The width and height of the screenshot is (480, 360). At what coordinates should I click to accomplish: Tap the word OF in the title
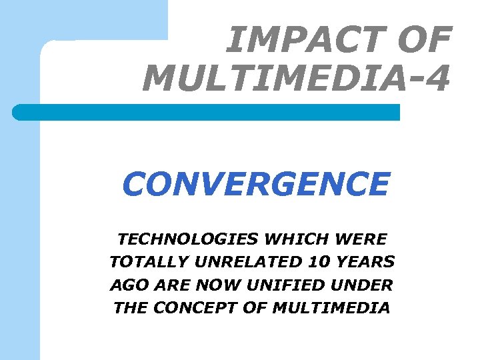point(425,40)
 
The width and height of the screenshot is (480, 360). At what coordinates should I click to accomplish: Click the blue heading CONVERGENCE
point(255,185)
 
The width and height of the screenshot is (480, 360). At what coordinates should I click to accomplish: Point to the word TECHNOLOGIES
point(189,238)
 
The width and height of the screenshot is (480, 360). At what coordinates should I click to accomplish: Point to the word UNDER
point(362,285)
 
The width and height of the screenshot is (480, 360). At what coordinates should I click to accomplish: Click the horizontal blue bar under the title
point(207,112)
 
